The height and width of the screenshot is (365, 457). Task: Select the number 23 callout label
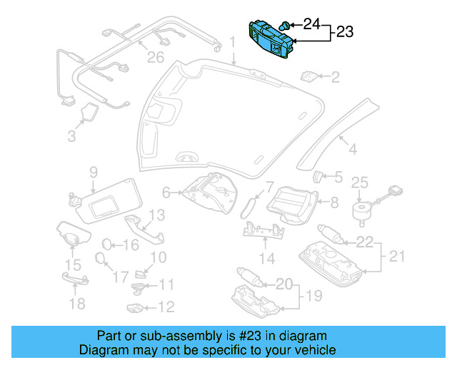click(x=345, y=32)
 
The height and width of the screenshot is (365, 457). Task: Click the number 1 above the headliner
click(x=231, y=44)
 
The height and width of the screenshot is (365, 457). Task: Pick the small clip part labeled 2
click(x=310, y=76)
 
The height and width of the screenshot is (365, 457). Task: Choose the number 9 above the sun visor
click(x=93, y=172)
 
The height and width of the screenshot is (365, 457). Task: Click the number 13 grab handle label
click(x=156, y=215)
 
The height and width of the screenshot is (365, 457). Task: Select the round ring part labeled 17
click(x=101, y=259)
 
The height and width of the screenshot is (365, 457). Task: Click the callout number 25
click(x=359, y=183)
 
